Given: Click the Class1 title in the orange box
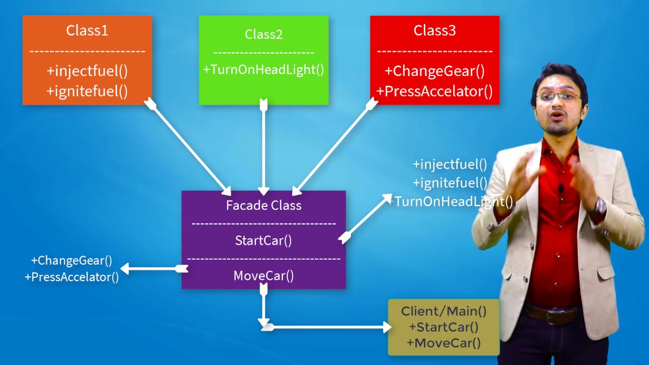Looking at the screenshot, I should click(87, 30).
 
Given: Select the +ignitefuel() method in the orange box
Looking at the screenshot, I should click(87, 91).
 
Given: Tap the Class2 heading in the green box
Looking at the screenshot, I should click(264, 34).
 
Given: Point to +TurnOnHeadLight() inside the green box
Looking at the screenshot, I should click(264, 69).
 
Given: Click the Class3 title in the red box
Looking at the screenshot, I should click(435, 30).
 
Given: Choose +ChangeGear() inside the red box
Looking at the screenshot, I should click(435, 71).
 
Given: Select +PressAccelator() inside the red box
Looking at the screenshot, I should click(435, 91).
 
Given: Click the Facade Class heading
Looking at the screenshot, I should click(264, 205).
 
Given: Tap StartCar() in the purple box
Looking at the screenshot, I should click(264, 240).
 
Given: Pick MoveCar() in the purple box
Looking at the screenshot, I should click(264, 276).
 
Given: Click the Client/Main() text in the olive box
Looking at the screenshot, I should click(444, 311).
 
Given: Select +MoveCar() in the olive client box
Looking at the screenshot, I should click(444, 343).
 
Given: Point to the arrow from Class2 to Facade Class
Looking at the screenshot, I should click(264, 147).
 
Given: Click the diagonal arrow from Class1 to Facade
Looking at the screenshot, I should click(188, 147).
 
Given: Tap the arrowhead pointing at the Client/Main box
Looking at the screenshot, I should click(386, 327).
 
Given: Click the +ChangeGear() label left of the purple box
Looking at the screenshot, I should click(71, 261).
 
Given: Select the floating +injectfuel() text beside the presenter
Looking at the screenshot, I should click(450, 164).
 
